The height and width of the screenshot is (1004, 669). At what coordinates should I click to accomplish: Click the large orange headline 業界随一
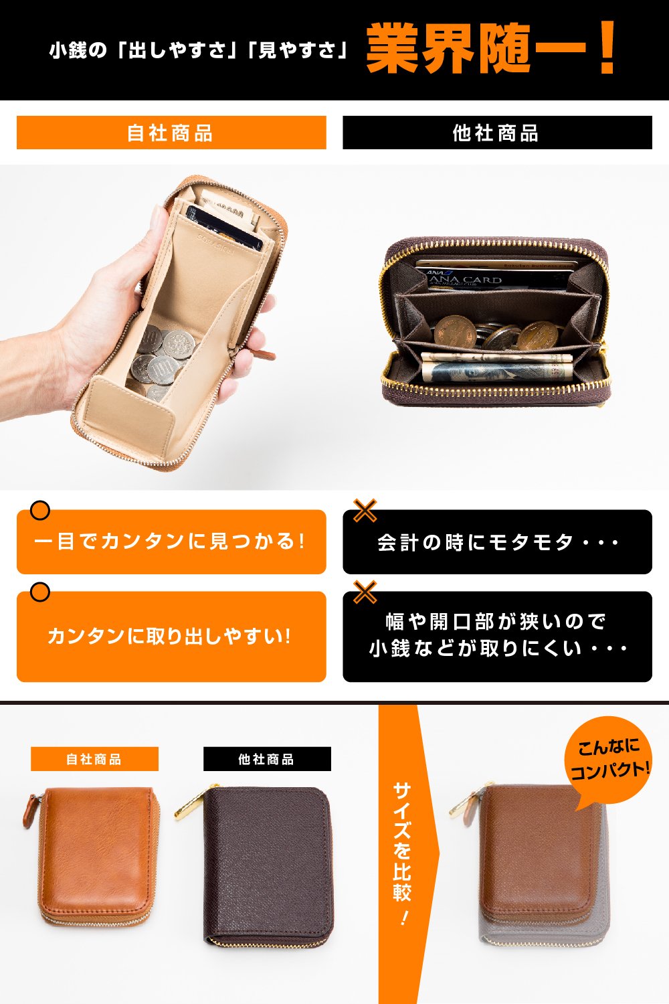point(490,48)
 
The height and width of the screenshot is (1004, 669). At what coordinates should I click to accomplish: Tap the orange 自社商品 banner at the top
point(171,133)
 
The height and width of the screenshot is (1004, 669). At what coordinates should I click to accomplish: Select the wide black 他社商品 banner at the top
point(497,133)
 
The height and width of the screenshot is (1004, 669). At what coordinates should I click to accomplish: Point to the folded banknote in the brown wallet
point(496,366)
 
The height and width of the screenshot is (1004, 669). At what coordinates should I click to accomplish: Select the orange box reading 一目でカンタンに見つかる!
point(171,541)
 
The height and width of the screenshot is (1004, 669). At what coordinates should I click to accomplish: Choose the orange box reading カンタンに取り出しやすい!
point(171,637)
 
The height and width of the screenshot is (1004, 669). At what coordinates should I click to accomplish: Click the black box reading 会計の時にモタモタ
point(497,541)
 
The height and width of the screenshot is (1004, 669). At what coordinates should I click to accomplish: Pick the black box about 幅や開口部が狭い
point(497,637)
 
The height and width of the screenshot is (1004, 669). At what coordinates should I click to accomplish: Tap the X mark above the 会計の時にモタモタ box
point(365,511)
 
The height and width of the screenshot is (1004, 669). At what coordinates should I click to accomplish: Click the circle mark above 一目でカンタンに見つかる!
point(40,510)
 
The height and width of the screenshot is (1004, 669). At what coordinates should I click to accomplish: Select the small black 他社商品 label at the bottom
point(267,759)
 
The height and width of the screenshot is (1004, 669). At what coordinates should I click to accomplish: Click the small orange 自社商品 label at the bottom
point(94,759)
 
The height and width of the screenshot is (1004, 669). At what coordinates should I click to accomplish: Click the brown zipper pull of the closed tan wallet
point(31,811)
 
